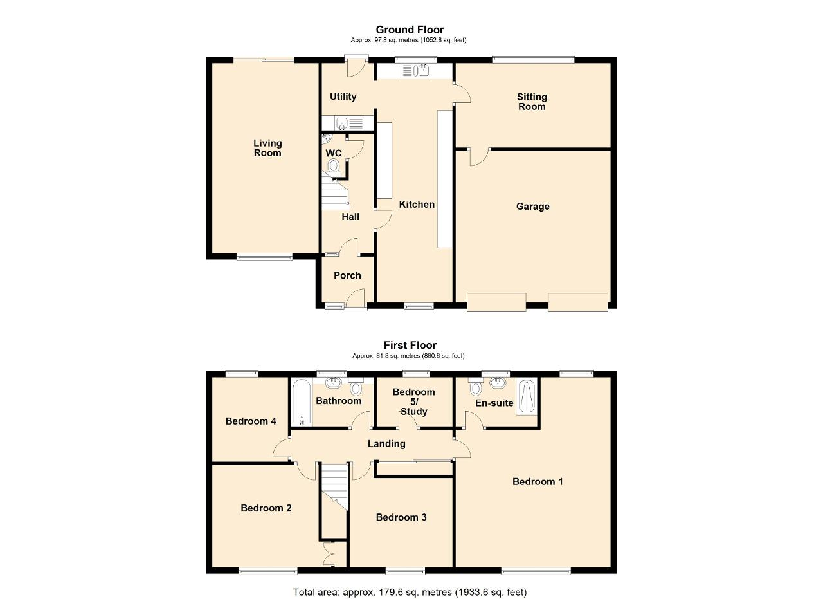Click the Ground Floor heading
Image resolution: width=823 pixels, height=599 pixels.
click(410, 30)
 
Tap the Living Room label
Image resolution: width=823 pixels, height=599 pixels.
click(267, 148)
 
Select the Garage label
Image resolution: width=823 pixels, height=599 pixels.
click(533, 207)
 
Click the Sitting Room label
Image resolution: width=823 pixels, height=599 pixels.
click(532, 102)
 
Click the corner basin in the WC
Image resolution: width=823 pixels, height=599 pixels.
click(326, 138)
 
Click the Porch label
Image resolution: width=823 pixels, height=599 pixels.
click(347, 275)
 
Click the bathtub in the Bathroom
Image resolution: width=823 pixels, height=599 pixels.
click(302, 402)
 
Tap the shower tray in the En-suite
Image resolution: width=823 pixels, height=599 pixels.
click(527, 398)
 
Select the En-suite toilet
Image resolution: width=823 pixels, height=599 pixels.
click(475, 387)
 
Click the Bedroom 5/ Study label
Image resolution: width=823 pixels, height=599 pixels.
click(413, 402)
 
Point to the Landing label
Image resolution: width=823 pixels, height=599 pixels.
click(386, 444)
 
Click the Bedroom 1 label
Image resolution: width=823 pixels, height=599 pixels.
click(538, 482)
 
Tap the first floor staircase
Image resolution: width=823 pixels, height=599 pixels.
click(334, 486)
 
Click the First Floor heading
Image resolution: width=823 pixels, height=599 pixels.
click(410, 346)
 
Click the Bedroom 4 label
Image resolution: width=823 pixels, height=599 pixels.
click(251, 421)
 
